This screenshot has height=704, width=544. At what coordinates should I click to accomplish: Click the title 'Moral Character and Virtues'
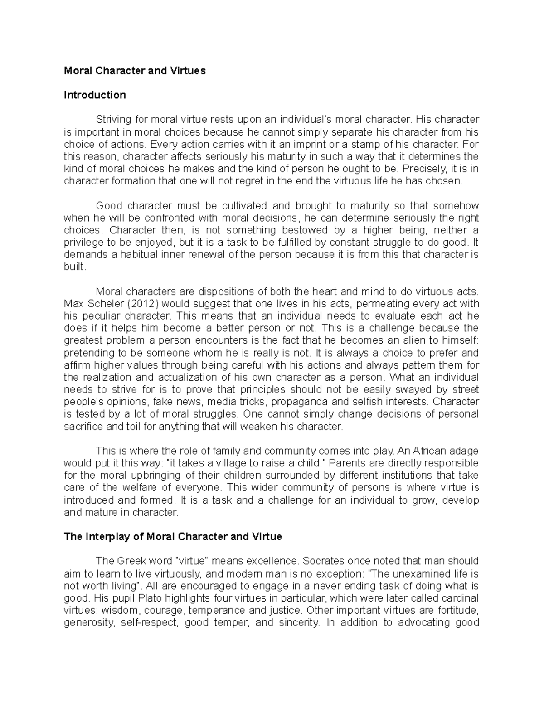pos(135,71)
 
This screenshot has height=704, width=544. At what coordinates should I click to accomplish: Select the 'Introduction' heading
pos(95,95)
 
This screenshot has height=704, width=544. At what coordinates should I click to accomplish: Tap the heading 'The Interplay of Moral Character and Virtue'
pos(173,537)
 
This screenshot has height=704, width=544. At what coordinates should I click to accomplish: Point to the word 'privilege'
pos(83,242)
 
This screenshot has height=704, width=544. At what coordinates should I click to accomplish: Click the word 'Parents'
pos(347,463)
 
